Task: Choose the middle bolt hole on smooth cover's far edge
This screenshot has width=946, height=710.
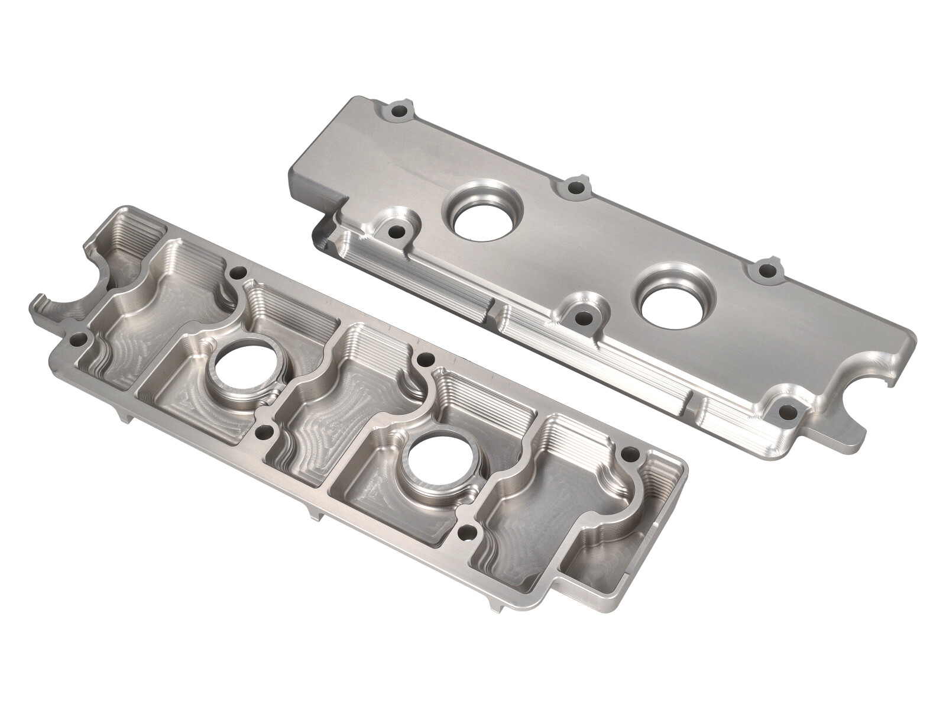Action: pos(573,188)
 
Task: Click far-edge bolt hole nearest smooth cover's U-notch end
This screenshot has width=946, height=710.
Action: pos(767,270)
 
